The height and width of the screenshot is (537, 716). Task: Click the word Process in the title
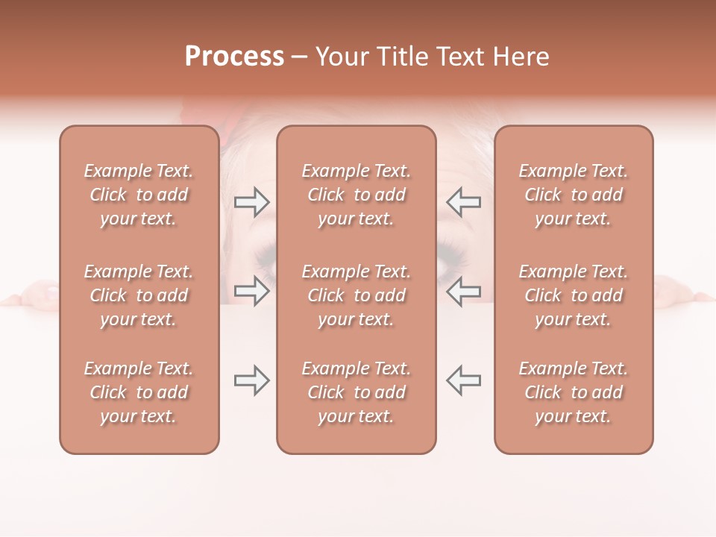pyautogui.click(x=234, y=56)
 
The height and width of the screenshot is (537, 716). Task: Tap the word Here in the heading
pyautogui.click(x=520, y=56)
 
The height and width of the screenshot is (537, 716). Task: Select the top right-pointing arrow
pyautogui.click(x=251, y=201)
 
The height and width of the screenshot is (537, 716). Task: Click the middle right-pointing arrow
pyautogui.click(x=251, y=291)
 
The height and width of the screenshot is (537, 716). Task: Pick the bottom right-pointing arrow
pyautogui.click(x=251, y=380)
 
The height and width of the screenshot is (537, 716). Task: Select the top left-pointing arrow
pyautogui.click(x=464, y=201)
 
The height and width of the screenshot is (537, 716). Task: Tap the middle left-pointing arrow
pyautogui.click(x=464, y=291)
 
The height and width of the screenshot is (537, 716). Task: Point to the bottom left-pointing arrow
pyautogui.click(x=464, y=380)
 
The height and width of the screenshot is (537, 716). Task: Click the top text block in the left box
pyautogui.click(x=139, y=195)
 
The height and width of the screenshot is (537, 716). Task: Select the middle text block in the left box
pyautogui.click(x=139, y=295)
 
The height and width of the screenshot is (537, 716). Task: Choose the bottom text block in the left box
pyautogui.click(x=139, y=392)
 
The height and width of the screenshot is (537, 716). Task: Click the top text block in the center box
pyautogui.click(x=357, y=195)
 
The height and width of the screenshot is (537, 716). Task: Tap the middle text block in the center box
pyautogui.click(x=357, y=295)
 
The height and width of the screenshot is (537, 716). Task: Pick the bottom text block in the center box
pyautogui.click(x=357, y=392)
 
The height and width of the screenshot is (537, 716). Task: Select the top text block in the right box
pyautogui.click(x=574, y=195)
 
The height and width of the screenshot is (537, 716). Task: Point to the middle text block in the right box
pyautogui.click(x=574, y=295)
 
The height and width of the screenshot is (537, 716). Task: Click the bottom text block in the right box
pyautogui.click(x=574, y=392)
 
